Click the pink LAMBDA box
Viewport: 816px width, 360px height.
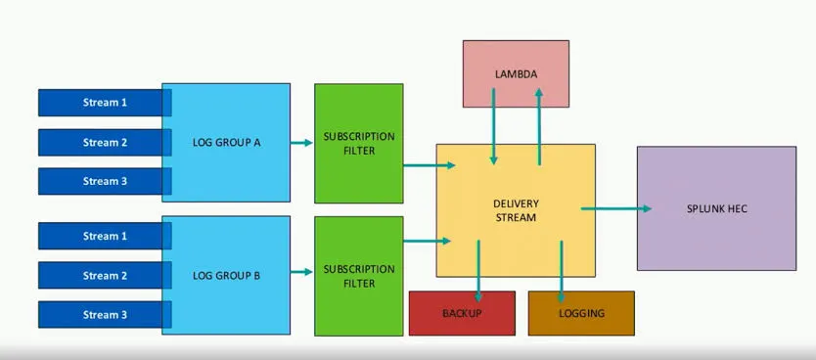[516, 73]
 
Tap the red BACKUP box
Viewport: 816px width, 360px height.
[462, 313]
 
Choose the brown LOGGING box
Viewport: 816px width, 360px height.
[581, 313]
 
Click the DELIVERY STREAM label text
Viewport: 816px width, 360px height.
[516, 210]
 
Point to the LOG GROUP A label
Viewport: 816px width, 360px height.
[226, 142]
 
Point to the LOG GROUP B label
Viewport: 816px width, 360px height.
[226, 276]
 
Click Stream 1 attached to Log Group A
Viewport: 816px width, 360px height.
[104, 103]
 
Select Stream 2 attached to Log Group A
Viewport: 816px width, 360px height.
[104, 142]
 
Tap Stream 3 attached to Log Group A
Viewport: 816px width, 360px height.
[104, 181]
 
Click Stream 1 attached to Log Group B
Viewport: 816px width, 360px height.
[104, 236]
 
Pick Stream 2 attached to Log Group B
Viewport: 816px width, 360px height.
[104, 276]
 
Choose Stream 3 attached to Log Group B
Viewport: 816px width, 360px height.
[104, 315]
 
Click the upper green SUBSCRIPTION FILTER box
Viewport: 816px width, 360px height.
[358, 143]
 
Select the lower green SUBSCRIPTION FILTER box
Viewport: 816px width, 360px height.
[358, 276]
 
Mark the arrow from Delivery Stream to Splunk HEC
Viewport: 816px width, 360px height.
[616, 208]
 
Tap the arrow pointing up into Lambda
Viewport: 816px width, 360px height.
[539, 117]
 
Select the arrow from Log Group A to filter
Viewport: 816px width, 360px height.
[301, 143]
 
